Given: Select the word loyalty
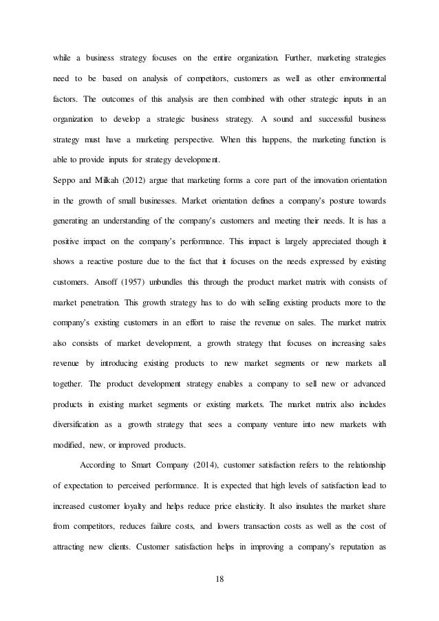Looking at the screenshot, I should pyautogui.click(x=151, y=508).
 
